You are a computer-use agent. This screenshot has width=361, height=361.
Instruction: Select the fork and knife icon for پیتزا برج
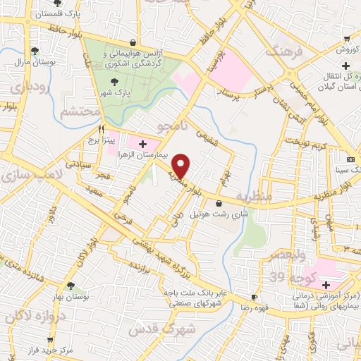click(x=102, y=130)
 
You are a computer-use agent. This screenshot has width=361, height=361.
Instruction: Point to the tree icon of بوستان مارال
click(x=35, y=50)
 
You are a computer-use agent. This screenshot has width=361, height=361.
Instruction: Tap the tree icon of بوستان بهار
click(x=70, y=286)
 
